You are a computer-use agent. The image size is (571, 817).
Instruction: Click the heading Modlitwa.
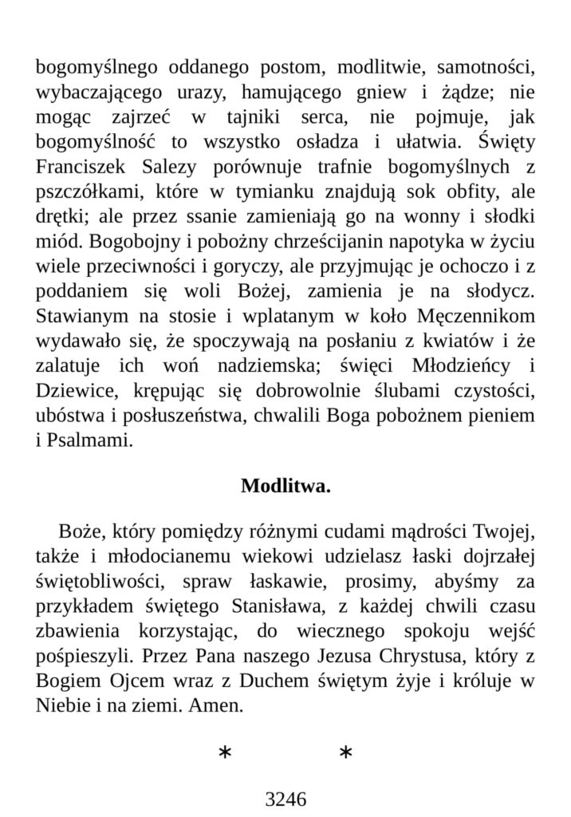(x=285, y=486)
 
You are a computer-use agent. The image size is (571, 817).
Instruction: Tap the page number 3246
(x=285, y=799)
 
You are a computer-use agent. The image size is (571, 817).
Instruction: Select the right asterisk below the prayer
(x=345, y=754)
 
